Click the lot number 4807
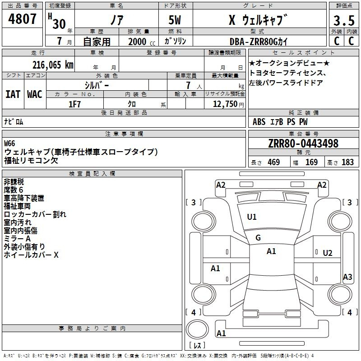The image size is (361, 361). [x=22, y=19]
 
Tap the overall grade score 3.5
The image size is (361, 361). [x=344, y=21]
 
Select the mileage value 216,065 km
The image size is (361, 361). [x=53, y=65]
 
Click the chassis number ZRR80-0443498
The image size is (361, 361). [x=303, y=143]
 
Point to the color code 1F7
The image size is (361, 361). [x=74, y=104]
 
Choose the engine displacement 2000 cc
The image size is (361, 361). [x=142, y=42]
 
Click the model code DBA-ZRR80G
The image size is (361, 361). [x=254, y=42]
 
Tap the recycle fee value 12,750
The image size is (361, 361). [x=225, y=104]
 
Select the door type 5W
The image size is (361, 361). [x=175, y=20]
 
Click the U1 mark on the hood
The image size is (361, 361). [x=252, y=217]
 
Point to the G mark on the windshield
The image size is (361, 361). [x=258, y=238]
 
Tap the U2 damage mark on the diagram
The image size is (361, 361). [x=328, y=253]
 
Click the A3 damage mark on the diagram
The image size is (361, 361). [x=347, y=277]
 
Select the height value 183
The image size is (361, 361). [x=347, y=162]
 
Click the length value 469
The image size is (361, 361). [x=274, y=162]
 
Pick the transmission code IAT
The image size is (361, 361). [x=13, y=94]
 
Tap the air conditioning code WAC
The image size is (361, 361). [x=35, y=94]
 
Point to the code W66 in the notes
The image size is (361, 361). [x=9, y=143]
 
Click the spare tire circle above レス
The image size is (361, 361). [x=197, y=329]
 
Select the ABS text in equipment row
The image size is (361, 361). [x=259, y=122]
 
